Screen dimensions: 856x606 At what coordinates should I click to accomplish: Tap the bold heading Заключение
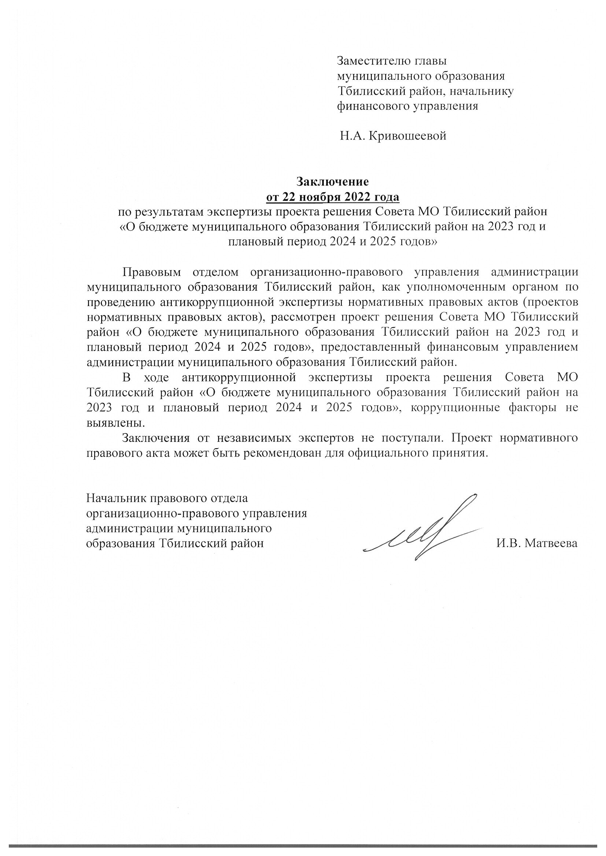point(332,182)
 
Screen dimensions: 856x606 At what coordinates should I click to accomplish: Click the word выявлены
point(115,423)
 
